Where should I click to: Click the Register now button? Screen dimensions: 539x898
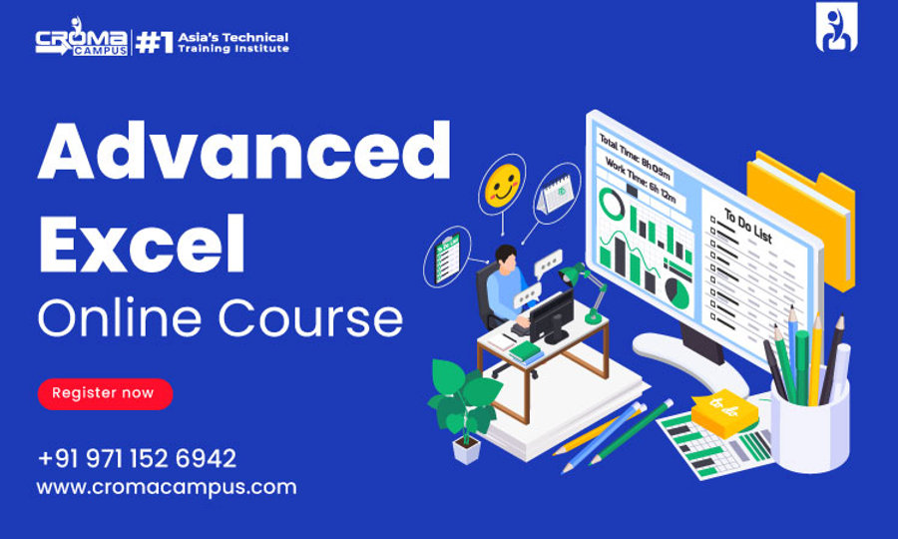coord(105,393)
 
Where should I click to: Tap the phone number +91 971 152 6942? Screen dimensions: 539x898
coord(137,458)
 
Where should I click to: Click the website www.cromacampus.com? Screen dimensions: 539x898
coord(167,487)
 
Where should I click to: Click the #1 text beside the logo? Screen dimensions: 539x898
coord(154,43)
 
